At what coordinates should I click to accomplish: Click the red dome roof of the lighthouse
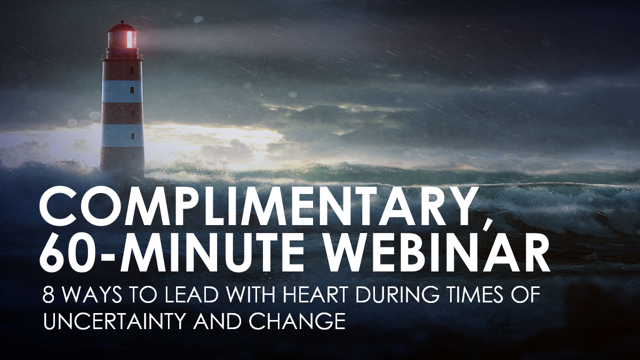click(x=122, y=27)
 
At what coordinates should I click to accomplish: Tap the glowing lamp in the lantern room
click(x=131, y=39)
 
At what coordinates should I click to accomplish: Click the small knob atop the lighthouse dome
click(x=122, y=22)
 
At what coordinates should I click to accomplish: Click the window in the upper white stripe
click(x=132, y=90)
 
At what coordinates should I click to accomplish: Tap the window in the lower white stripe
click(x=132, y=137)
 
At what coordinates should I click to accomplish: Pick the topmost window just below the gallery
click(x=132, y=70)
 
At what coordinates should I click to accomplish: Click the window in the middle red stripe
click(x=132, y=113)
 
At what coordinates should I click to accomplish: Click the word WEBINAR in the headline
click(x=434, y=252)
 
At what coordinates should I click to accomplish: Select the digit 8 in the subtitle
click(x=49, y=293)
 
